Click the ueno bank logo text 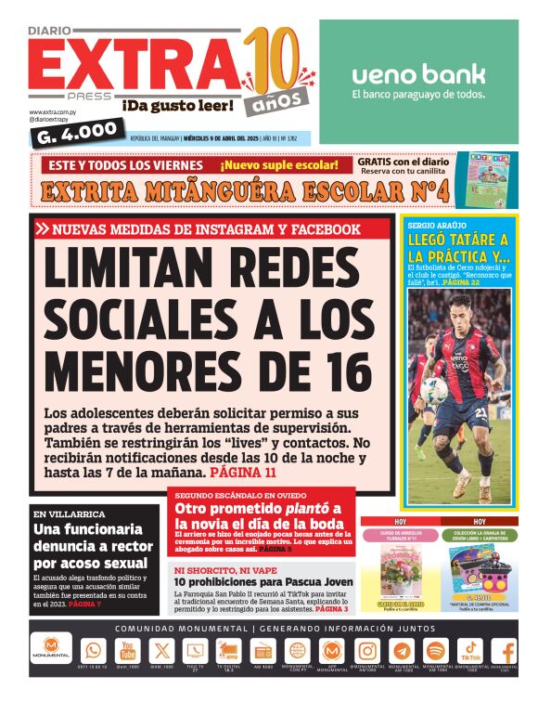[417, 74]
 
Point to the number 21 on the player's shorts [482, 411]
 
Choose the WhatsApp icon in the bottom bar [94, 651]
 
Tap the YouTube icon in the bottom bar [127, 651]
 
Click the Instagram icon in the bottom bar [367, 651]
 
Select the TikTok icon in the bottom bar [470, 650]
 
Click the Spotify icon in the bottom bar [436, 651]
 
